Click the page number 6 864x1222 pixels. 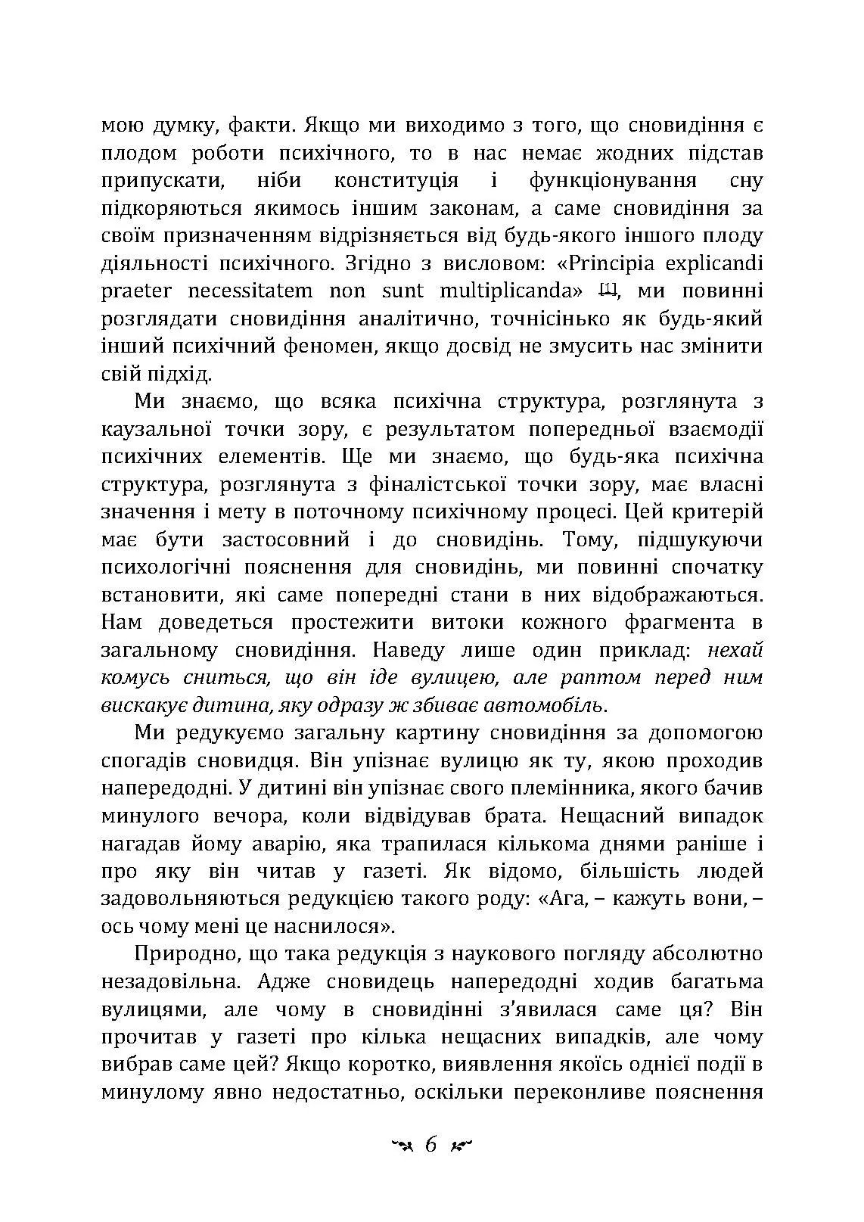tap(431, 1145)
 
